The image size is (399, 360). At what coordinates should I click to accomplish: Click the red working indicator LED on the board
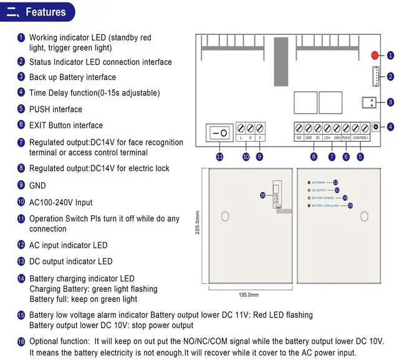click(375, 55)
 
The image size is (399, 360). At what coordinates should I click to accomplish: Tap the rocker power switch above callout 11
click(219, 133)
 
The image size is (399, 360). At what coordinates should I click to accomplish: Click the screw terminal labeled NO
click(299, 128)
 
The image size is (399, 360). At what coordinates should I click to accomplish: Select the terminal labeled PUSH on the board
click(345, 128)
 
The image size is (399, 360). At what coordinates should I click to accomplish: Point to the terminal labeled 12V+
click(327, 128)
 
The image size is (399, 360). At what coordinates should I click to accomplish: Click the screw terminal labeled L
click(241, 128)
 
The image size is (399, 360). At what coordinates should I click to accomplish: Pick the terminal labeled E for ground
click(259, 128)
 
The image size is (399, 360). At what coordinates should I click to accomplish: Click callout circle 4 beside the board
click(390, 127)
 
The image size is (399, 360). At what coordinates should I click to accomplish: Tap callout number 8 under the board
click(314, 157)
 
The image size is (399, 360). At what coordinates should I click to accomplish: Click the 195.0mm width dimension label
click(248, 294)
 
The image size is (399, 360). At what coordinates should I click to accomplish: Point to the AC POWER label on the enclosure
click(319, 182)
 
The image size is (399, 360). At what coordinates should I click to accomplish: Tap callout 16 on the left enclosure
click(263, 195)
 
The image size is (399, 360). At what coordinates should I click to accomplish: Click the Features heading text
click(46, 12)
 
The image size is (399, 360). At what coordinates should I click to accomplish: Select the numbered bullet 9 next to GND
click(21, 185)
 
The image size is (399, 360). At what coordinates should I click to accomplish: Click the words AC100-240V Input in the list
click(60, 202)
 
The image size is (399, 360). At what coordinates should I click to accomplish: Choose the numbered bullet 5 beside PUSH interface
click(21, 109)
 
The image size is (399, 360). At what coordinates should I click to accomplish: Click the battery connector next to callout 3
click(369, 102)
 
